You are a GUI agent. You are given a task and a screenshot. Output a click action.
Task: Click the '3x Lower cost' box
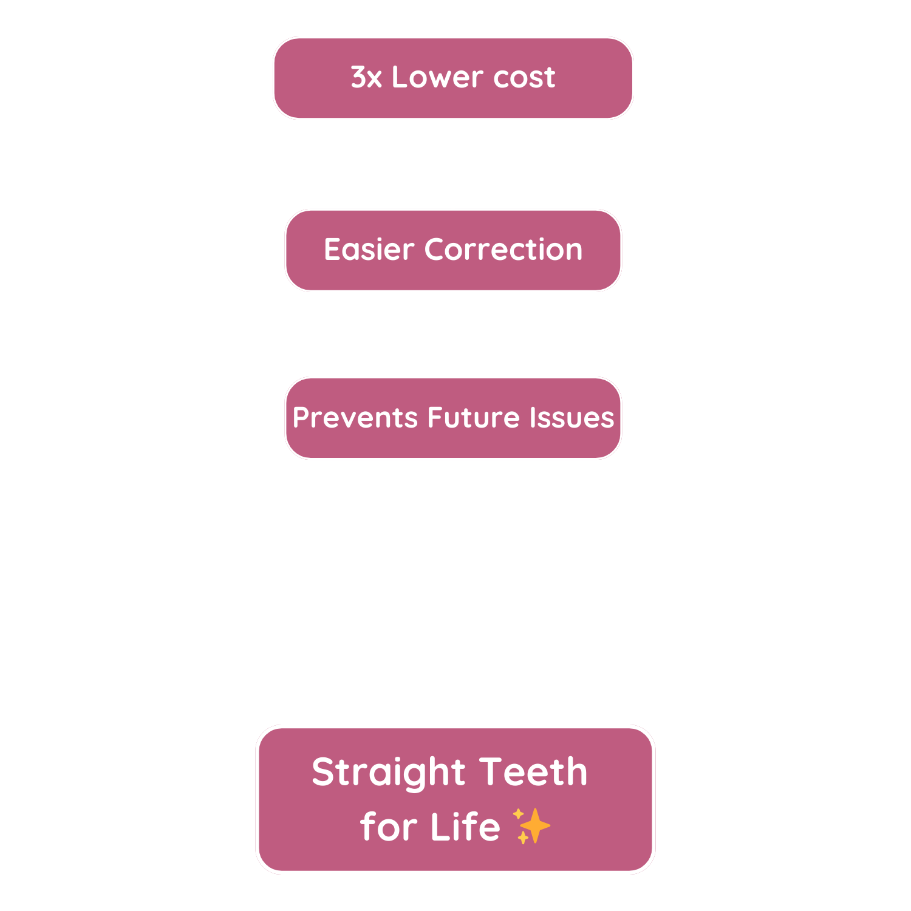[x=453, y=78]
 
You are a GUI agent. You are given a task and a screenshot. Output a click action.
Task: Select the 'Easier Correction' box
[x=453, y=250]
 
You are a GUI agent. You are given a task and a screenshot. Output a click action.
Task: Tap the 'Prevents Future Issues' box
[x=453, y=418]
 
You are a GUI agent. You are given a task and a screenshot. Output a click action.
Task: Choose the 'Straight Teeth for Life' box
[x=455, y=799]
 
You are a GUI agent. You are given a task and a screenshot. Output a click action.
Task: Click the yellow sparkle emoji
[x=531, y=826]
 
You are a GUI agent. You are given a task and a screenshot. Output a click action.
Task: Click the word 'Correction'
[x=503, y=250]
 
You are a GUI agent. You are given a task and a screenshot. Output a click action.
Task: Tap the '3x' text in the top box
[x=366, y=78]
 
